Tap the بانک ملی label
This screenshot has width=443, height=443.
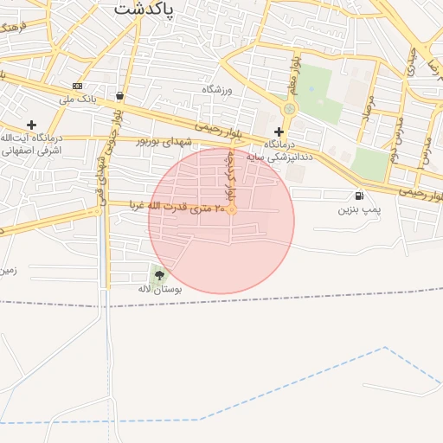point(77,100)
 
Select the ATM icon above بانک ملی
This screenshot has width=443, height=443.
point(78,86)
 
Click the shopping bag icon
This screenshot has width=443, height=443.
point(119,96)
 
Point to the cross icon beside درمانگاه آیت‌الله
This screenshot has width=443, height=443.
point(31,125)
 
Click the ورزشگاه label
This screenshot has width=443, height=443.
point(218,90)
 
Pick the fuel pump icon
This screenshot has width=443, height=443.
point(359,196)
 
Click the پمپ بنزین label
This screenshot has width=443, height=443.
point(359,209)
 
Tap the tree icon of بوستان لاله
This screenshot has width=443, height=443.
point(159,275)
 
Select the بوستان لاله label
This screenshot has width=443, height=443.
point(159,288)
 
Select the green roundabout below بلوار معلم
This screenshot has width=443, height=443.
point(288,109)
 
